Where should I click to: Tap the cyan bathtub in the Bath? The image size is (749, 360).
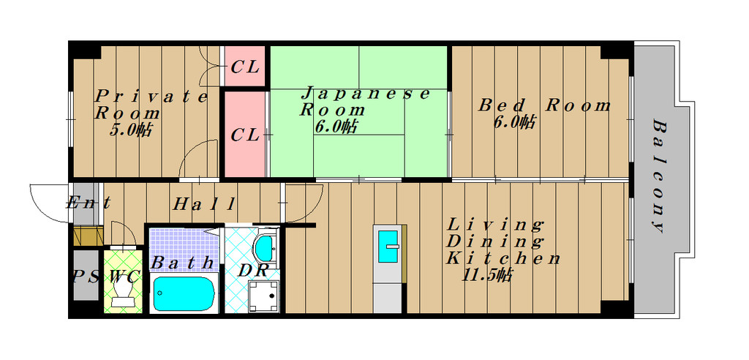coord(184,293)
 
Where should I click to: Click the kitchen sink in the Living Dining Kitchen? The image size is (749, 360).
coord(388,246)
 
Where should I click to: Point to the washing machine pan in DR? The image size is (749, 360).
coord(263,296)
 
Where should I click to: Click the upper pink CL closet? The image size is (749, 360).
coord(244,66)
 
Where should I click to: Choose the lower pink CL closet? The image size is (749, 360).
coord(244,135)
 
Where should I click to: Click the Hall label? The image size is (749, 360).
coord(204,205)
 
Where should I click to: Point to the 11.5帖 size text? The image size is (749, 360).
coord(487,275)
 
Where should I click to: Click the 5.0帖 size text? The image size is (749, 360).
coord(131,129)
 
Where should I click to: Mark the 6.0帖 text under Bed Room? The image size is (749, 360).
coord(513,122)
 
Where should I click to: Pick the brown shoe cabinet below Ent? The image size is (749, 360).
coord(89,236)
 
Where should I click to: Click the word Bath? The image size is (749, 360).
coord(182,263)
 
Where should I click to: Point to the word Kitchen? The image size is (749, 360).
coord(503,258)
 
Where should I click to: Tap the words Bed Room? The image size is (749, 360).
coord(544,105)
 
